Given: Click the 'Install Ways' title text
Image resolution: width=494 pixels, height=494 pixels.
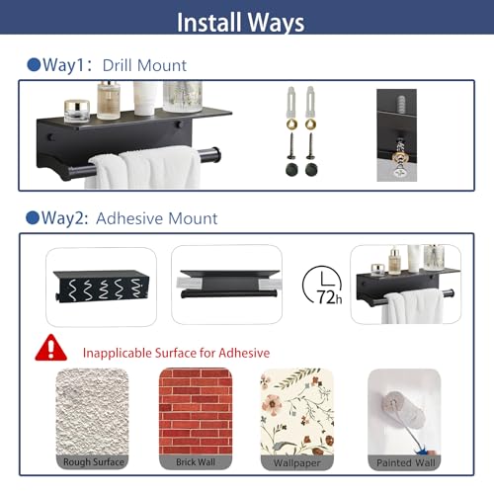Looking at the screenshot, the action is [240, 23].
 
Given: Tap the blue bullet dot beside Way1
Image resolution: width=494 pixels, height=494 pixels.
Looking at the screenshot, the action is [34, 64].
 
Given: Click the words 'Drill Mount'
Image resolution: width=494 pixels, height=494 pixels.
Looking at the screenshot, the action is [144, 65].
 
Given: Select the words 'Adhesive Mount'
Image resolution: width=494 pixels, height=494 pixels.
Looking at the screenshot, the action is [157, 218].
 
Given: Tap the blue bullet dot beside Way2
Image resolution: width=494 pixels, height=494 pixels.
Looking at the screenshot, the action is [33, 217].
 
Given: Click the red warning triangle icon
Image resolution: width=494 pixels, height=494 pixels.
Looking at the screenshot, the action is [51, 348].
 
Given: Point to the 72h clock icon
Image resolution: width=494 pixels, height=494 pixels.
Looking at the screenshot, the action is [322, 285].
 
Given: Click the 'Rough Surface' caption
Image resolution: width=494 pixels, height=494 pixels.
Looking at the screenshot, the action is [94, 461].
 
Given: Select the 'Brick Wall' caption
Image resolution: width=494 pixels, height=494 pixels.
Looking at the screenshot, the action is [196, 461].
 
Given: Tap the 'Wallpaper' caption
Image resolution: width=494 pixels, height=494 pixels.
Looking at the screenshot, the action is [296, 462].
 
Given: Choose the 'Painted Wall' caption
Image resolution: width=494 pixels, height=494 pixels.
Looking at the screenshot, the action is [406, 462].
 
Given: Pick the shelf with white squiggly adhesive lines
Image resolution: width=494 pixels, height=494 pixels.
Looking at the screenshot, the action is [101, 286].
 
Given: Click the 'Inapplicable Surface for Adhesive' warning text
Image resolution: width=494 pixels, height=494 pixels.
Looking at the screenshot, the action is [176, 353].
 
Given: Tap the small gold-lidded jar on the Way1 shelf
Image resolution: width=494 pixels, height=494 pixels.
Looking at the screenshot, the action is [77, 111].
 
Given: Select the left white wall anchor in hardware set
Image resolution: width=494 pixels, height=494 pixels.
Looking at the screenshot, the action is [291, 102].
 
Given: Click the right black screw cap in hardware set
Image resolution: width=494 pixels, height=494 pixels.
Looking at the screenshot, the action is [311, 169].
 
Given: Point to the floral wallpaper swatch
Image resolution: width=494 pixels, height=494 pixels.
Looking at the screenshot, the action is [297, 412].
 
